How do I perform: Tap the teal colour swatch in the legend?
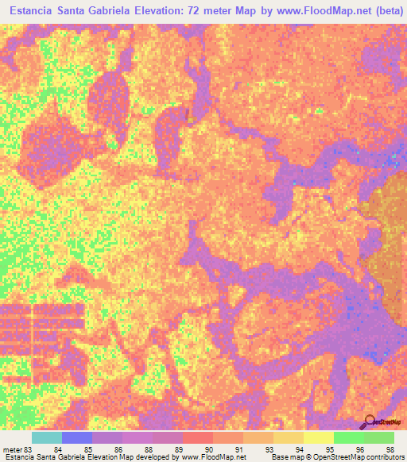(x=47, y=437)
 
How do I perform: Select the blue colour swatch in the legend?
(x=77, y=437)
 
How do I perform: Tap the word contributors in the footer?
(x=386, y=456)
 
